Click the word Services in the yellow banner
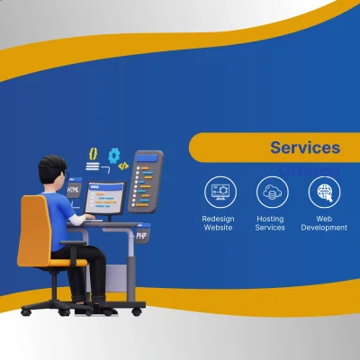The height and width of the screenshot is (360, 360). point(305,148)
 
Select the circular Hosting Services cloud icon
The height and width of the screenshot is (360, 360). point(271,192)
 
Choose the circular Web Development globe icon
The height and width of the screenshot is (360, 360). point(324,192)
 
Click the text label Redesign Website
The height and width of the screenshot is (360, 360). point(218,222)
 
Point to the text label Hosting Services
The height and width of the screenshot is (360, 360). point(271,222)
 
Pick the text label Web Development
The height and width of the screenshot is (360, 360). point(324,222)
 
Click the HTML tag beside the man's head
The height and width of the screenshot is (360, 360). point(75,191)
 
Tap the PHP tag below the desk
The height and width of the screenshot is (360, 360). point(141,235)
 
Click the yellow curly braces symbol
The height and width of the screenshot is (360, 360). point(92,154)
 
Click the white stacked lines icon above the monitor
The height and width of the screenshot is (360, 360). point(92,167)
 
